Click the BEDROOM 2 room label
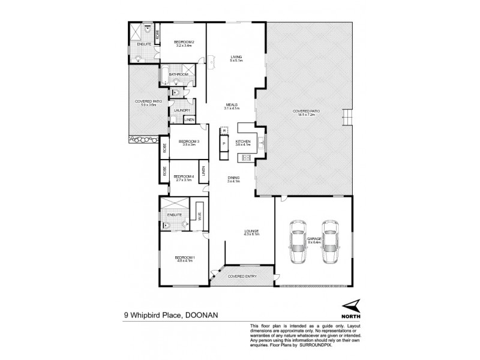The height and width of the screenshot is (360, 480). tap(182, 41)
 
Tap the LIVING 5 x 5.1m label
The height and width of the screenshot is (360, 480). tap(237, 58)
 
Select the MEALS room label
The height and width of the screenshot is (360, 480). tap(232, 104)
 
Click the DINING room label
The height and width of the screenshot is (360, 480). tap(233, 178)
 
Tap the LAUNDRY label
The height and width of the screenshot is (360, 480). tap(182, 110)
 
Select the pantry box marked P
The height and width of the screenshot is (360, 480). tap(224, 144)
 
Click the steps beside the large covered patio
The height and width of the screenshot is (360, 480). tap(345, 118)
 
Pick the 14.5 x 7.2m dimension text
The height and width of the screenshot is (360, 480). tap(305, 114)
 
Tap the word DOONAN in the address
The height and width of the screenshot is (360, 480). tap(201, 312)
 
